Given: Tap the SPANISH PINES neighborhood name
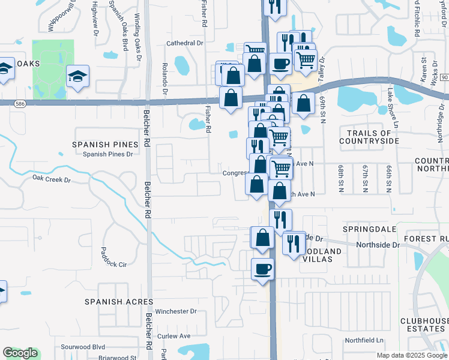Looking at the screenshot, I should point(100,145).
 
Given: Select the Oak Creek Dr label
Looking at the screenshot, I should point(51,179).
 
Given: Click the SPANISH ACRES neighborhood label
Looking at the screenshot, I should point(119,302).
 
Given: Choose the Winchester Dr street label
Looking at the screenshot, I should point(176,311).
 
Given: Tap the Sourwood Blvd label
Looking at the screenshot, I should point(83,347).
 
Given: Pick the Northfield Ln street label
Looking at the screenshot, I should point(364,340).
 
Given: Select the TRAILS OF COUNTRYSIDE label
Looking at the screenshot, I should point(369,137).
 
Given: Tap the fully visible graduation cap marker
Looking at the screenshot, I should point(77,76).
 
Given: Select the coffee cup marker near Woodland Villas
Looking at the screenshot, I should point(262,269).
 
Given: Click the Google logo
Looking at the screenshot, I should point(20,353).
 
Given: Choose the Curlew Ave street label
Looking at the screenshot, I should point(173,336).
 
